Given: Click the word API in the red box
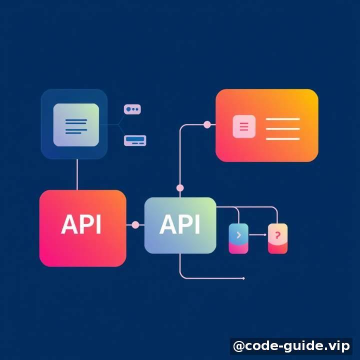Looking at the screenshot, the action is point(81,224).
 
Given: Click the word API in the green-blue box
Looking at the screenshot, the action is point(179,224).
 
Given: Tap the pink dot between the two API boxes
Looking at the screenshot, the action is point(135,225).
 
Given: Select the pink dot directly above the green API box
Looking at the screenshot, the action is point(180,188).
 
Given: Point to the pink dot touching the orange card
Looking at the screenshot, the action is point(207,124).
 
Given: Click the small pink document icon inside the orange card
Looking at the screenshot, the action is point(244,126).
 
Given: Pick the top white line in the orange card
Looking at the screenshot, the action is point(283,119).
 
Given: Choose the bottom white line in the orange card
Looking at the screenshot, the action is point(283,139).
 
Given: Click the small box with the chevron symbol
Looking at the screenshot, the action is point(238,238).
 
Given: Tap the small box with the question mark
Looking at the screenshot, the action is point(277,238).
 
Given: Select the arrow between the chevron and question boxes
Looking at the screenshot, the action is point(258,234).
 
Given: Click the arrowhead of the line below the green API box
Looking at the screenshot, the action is point(243,278).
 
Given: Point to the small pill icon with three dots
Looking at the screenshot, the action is point(132,109).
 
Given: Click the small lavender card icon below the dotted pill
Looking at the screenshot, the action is point(135,140).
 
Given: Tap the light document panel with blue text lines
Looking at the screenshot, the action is point(76,124).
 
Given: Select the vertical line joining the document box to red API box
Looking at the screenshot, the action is point(77,174).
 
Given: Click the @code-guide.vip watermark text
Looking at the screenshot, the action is point(291,346).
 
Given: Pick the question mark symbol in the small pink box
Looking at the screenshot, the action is point(277,235).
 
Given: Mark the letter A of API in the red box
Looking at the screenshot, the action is point(68,224).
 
